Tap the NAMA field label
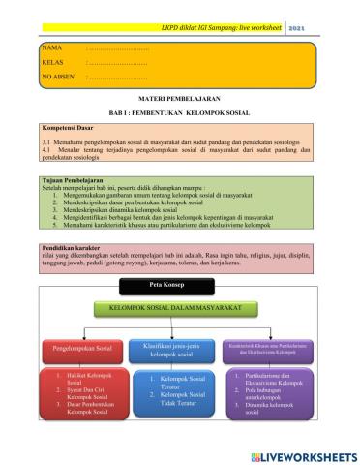[51, 46]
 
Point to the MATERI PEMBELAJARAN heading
[179, 100]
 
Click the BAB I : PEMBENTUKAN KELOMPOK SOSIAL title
[179, 112]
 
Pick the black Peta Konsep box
[163, 285]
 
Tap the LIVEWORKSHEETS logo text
[304, 454]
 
